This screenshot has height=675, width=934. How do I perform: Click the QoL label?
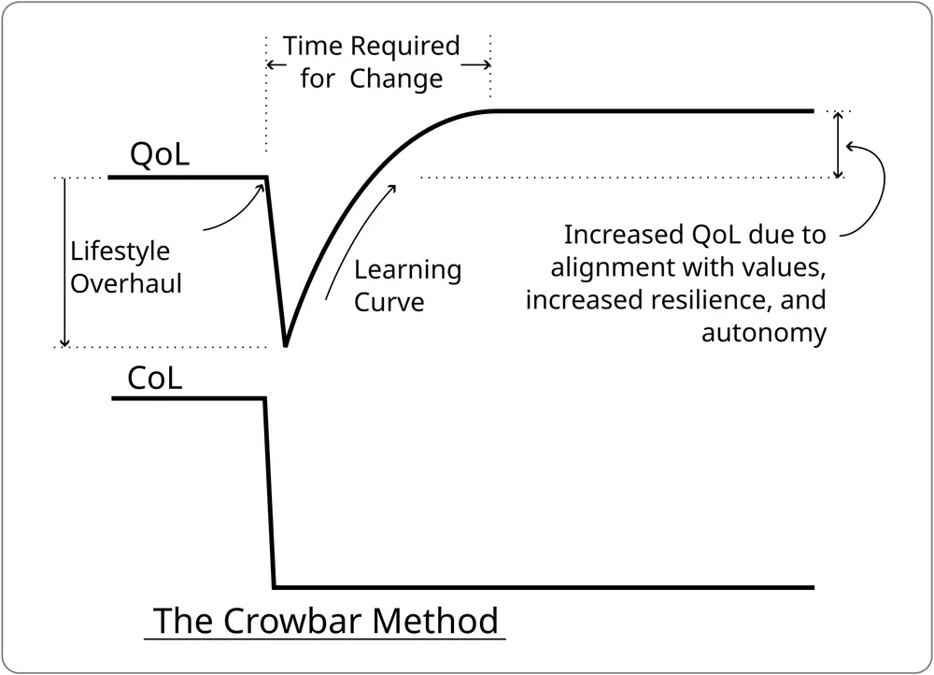160,154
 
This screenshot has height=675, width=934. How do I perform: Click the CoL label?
155,379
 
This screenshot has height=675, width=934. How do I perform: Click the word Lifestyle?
120,252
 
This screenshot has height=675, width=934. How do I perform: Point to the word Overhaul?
127,282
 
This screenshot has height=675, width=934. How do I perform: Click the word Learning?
408,271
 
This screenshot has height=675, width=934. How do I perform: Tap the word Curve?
389,302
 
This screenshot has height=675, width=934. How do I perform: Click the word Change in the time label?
397,79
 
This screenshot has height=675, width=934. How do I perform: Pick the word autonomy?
764,333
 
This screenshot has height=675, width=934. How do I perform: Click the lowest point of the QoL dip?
285,345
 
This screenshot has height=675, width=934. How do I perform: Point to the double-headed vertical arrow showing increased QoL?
839,145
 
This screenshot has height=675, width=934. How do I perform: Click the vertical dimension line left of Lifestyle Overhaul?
64,262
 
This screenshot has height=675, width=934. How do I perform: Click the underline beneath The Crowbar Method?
324,639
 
